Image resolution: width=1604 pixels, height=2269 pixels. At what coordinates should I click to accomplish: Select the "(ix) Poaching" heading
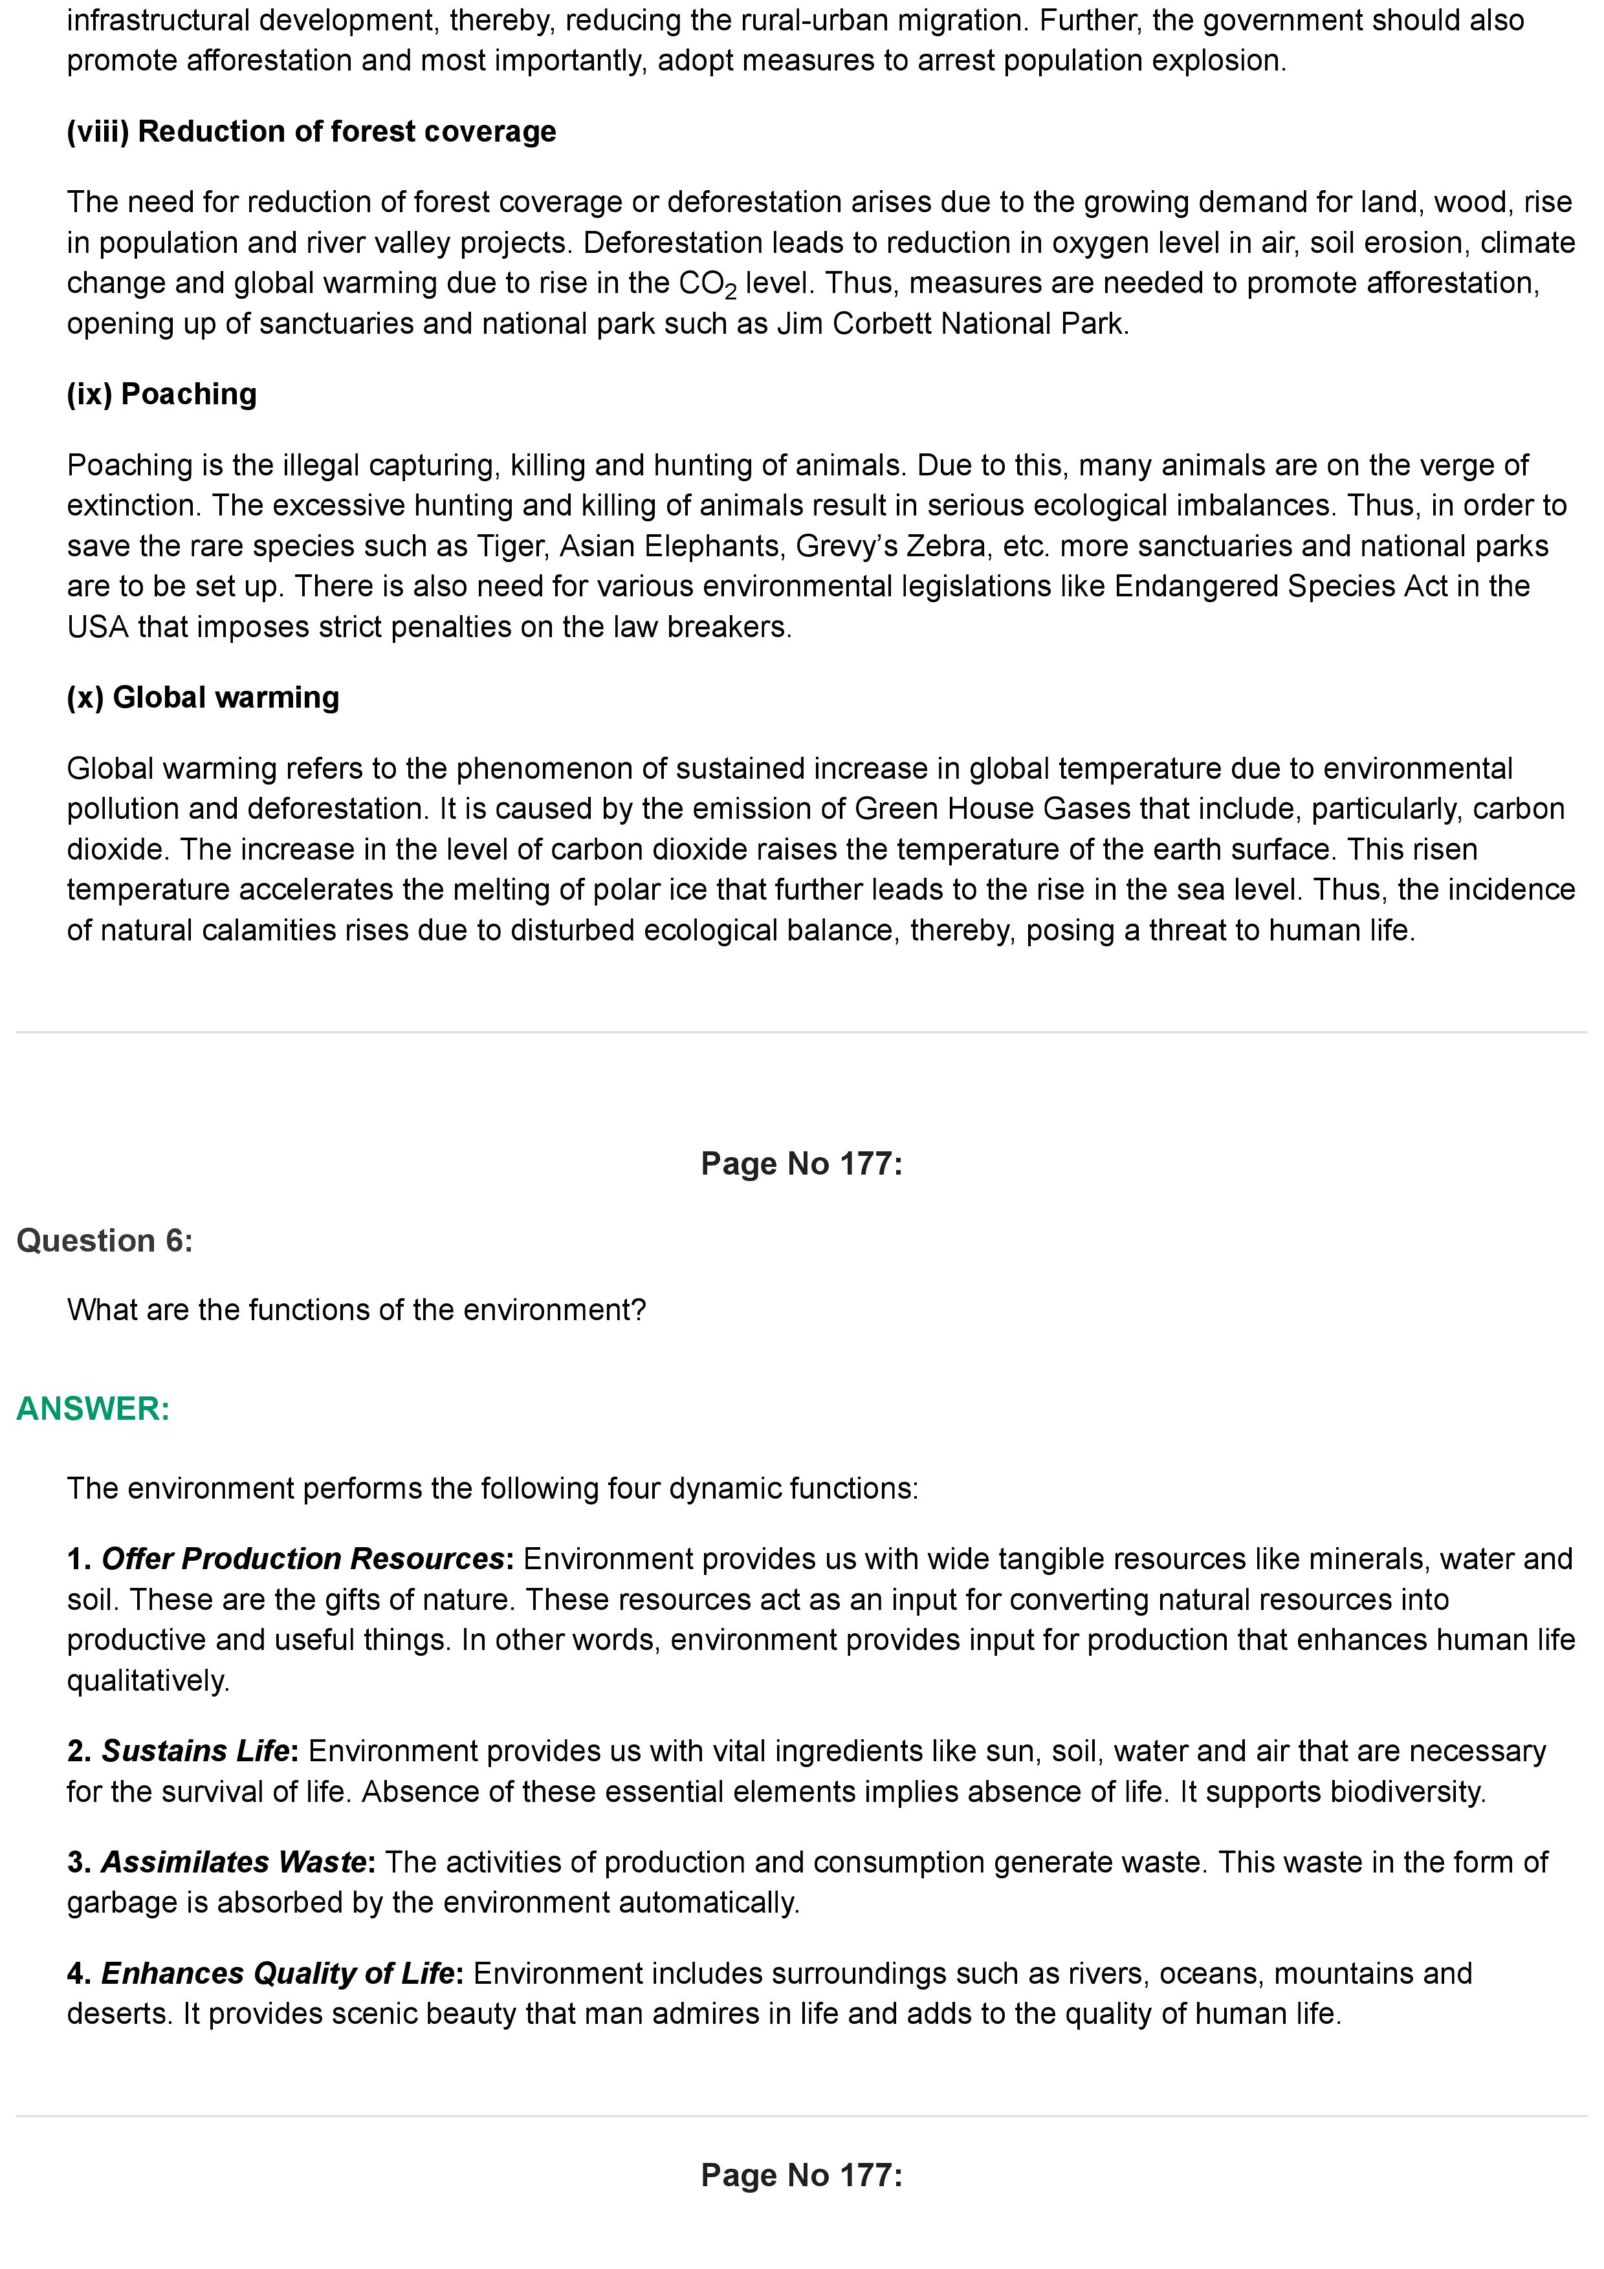(161, 395)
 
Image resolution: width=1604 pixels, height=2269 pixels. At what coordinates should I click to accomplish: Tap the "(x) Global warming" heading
(203, 698)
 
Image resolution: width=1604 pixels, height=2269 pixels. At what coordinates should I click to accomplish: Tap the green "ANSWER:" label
(93, 1409)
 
